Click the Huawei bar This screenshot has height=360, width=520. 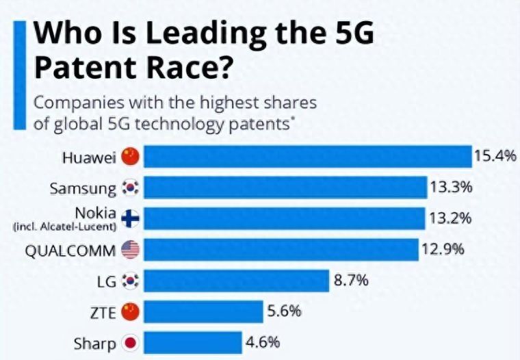click(x=308, y=156)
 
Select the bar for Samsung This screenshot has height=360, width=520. click(x=285, y=187)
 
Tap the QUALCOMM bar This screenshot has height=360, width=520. click(x=281, y=250)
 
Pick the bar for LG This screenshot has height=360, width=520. click(x=237, y=281)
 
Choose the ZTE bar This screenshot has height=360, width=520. click(x=203, y=312)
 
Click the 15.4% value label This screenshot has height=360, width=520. click(x=494, y=156)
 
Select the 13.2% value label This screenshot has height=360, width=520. click(x=451, y=218)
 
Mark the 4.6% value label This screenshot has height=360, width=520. click(x=263, y=342)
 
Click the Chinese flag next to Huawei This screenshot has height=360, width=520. click(x=130, y=157)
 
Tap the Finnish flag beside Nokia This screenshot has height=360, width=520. click(x=130, y=218)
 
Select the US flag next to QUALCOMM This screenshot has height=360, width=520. click(x=130, y=250)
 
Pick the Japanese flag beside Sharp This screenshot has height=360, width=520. click(x=130, y=343)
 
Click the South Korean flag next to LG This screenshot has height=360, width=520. click(x=130, y=281)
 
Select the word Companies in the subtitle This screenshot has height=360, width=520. click(x=76, y=103)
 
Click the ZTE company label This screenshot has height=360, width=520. click(x=103, y=312)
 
